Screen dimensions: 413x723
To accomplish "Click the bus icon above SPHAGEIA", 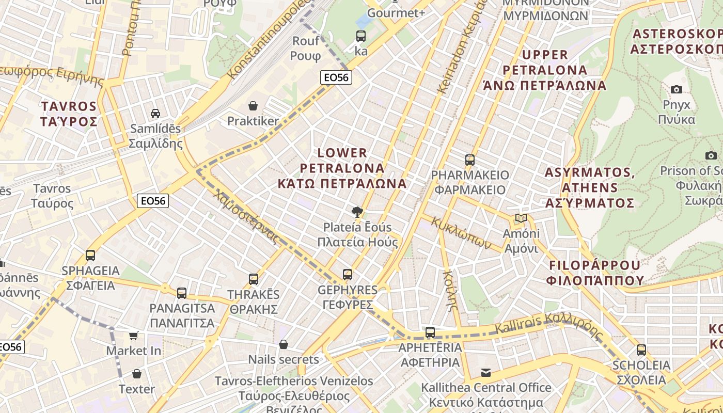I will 90,255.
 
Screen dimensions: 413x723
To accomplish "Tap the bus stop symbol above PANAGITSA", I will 182,293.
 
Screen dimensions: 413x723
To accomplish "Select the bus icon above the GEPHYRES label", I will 348,274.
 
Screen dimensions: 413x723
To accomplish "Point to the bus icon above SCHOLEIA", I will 641,350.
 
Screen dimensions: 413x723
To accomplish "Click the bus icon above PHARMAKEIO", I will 469,160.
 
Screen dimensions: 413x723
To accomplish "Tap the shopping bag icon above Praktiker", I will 253,106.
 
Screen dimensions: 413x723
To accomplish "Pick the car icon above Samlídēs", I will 155,113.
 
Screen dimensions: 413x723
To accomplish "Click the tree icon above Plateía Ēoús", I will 356,211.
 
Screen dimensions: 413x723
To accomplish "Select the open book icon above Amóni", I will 521,218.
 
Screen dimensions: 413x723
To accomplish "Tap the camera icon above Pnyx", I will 676,89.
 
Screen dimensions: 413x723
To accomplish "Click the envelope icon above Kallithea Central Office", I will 485,372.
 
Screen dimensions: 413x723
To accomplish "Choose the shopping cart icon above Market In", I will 133,336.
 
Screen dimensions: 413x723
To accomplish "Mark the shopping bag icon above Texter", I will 137,373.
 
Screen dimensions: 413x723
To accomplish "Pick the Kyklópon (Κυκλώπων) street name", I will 461,233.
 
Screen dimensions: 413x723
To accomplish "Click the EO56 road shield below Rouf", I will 336,77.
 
